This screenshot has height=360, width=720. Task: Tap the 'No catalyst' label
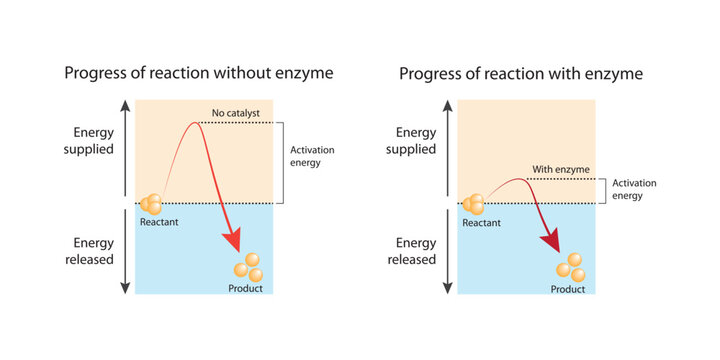(x=235, y=113)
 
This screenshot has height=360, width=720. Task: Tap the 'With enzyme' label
(x=554, y=170)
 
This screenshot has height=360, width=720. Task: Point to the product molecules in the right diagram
(x=570, y=267)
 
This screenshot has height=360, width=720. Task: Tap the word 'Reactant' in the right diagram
(x=482, y=222)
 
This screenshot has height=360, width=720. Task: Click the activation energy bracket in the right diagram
(x=602, y=191)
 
